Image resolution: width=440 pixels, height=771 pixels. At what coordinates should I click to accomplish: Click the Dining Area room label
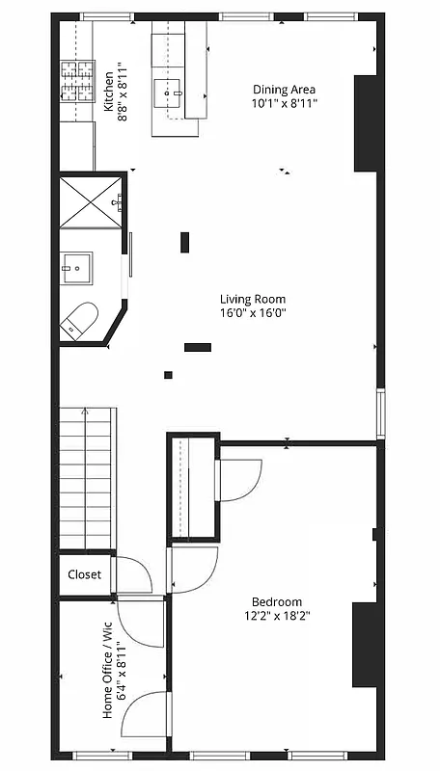pos(285,89)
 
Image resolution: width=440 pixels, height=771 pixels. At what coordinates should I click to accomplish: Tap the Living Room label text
pos(252,299)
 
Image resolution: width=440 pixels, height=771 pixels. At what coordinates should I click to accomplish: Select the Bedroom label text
pos(277,601)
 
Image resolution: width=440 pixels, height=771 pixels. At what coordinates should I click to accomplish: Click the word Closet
pos(84,575)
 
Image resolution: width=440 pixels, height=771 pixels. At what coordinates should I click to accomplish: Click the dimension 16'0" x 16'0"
pos(253,312)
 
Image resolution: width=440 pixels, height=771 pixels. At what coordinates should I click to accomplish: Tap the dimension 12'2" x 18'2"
pos(277,615)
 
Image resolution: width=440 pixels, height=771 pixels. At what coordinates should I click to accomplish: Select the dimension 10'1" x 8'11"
pos(285,102)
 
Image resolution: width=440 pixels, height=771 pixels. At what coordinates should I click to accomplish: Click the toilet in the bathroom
pos(79,320)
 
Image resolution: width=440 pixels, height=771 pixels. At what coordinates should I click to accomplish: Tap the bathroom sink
pos(77,267)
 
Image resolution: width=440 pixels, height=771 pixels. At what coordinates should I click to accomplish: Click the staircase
pos(88,477)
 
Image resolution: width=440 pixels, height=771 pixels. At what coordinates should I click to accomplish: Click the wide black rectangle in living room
pos(198,347)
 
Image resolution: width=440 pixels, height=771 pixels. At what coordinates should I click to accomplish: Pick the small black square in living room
pos(168,375)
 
